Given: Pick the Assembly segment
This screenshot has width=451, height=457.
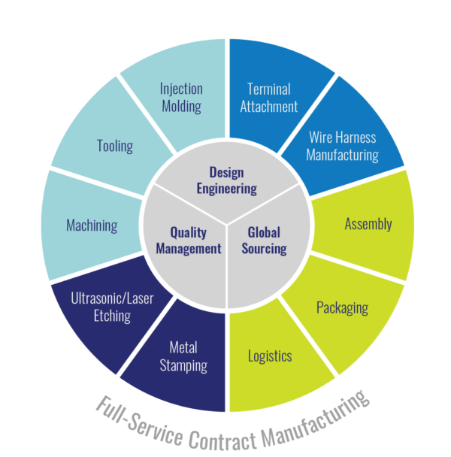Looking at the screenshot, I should click(368, 225).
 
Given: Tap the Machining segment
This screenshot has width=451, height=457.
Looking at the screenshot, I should click(91, 225).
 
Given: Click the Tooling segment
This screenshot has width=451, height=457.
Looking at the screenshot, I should click(114, 145).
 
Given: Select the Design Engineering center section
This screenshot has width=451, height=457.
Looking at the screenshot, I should click(226, 181).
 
